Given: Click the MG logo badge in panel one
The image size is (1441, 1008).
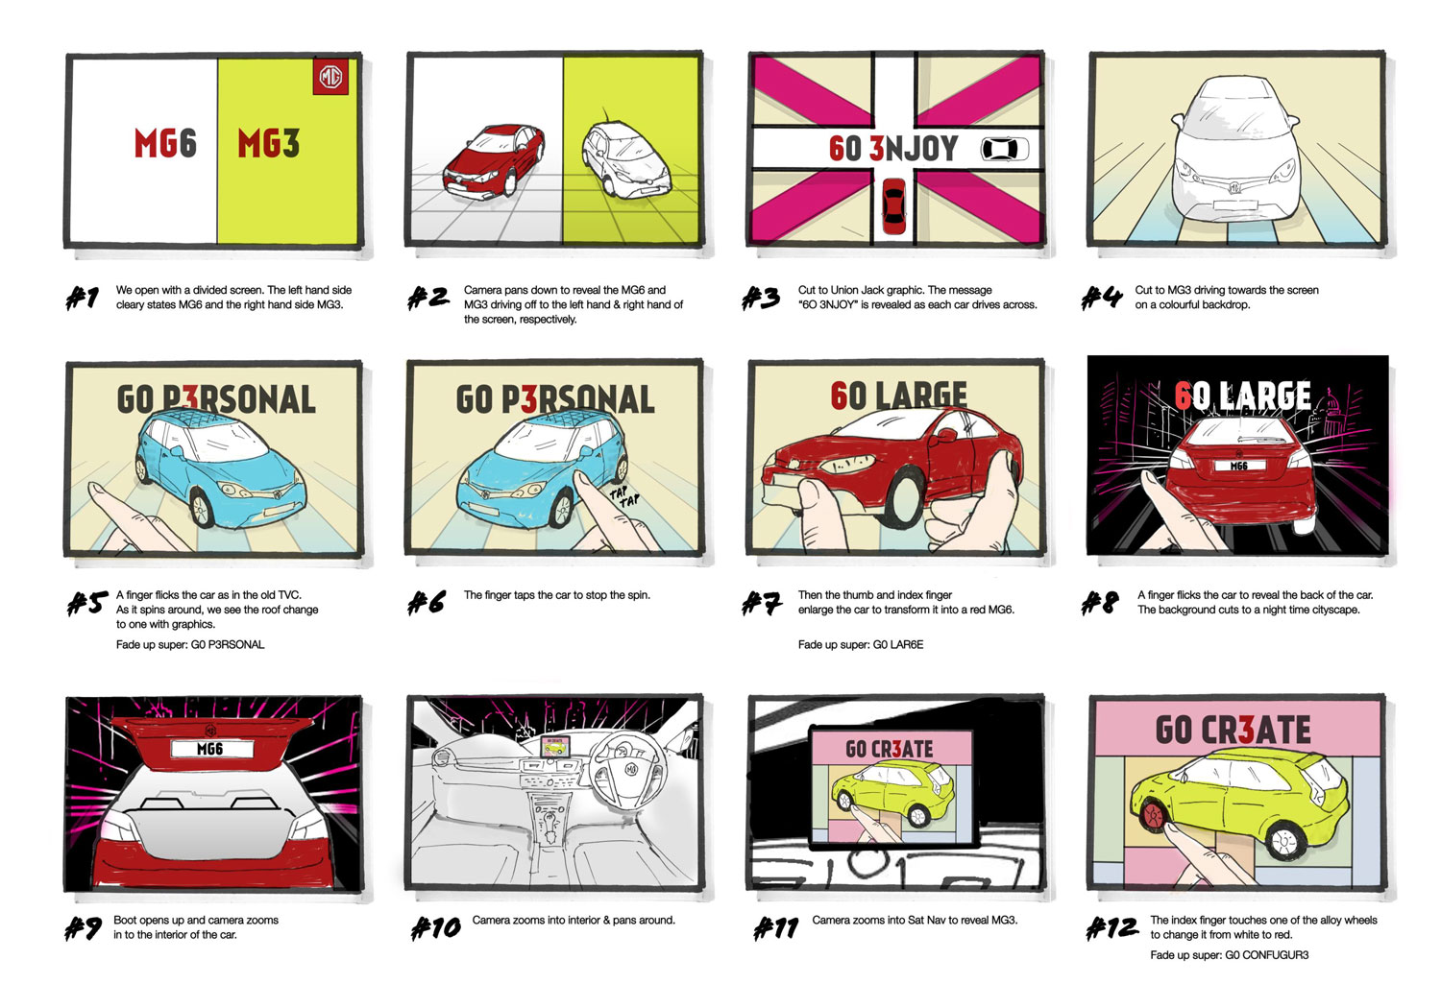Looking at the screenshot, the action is pyautogui.click(x=330, y=77).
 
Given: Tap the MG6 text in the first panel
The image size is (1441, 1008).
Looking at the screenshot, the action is pyautogui.click(x=165, y=143).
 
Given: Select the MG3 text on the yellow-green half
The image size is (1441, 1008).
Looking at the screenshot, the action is pyautogui.click(x=269, y=143).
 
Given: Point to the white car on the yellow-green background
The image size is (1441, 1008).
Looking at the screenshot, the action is pyautogui.click(x=625, y=159).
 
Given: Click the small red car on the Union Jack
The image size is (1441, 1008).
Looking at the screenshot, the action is pyautogui.click(x=893, y=206).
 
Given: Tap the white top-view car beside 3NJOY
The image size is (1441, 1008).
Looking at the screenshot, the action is pyautogui.click(x=1004, y=149).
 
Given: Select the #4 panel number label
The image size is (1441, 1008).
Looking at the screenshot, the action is pyautogui.click(x=1101, y=297).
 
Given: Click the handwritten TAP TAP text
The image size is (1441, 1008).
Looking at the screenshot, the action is pyautogui.click(x=624, y=496).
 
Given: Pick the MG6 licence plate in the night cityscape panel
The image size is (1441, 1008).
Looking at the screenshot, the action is pyautogui.click(x=1239, y=466).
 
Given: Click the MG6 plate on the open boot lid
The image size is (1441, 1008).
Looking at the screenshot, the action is pyautogui.click(x=211, y=748).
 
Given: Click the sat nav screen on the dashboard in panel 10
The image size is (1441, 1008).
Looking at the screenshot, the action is pyautogui.click(x=554, y=746).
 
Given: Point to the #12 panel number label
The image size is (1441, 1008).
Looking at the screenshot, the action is pyautogui.click(x=1111, y=927).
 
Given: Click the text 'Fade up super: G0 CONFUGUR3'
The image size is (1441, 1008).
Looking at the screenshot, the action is pyautogui.click(x=1230, y=955).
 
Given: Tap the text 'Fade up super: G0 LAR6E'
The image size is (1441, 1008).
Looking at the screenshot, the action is pyautogui.click(x=861, y=645).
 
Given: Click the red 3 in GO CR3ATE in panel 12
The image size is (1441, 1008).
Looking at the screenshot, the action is pyautogui.click(x=1246, y=730).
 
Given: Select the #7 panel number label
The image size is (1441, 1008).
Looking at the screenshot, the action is pyautogui.click(x=762, y=603).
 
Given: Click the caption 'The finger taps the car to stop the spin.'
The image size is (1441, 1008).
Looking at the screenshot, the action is pyautogui.click(x=557, y=595).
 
